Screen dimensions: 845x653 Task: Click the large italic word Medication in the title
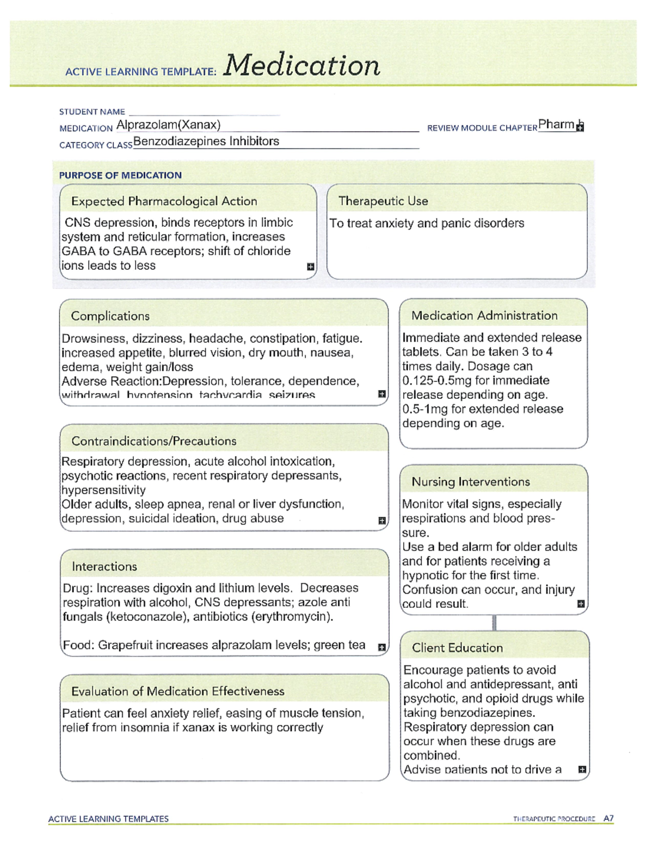301,66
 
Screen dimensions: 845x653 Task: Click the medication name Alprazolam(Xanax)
168,125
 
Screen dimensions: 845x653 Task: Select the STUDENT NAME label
92,112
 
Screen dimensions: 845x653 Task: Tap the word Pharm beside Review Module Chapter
556,125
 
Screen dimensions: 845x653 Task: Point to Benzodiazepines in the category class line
179,141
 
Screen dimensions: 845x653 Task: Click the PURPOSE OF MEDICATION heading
120,175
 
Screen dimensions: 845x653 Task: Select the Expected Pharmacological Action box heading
164,201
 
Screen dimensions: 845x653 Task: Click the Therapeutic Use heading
383,201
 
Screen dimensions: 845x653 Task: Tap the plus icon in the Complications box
382,394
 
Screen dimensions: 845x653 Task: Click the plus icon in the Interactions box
382,647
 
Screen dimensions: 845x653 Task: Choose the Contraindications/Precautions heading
154,441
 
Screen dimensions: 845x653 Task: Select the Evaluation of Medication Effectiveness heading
178,692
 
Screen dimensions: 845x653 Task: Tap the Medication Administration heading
484,316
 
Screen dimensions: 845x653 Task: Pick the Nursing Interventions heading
471,482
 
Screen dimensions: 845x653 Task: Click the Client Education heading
457,648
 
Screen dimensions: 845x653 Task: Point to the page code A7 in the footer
608,818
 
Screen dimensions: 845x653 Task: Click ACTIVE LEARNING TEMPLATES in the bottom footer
108,819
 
